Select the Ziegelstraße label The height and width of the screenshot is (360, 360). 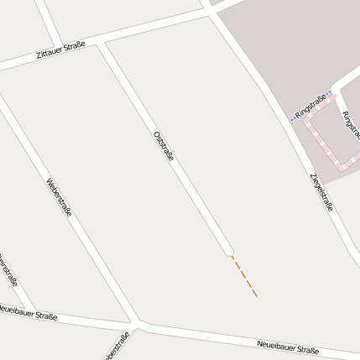[x=322, y=191]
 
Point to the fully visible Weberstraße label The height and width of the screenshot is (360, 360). [x=59, y=197]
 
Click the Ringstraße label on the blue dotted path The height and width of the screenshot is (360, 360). [x=310, y=106]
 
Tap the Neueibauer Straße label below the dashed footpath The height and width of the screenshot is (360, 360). [x=288, y=348]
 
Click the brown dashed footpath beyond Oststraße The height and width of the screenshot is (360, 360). [x=244, y=276]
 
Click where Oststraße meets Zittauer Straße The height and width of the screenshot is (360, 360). [x=102, y=41]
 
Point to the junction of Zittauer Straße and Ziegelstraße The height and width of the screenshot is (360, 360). [x=206, y=11]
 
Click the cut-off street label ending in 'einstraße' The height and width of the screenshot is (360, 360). [x=8, y=270]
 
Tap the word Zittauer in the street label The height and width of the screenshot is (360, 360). [x=50, y=56]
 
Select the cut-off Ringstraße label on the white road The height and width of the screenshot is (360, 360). [x=351, y=124]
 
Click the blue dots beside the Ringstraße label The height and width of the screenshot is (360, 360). [x=293, y=117]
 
